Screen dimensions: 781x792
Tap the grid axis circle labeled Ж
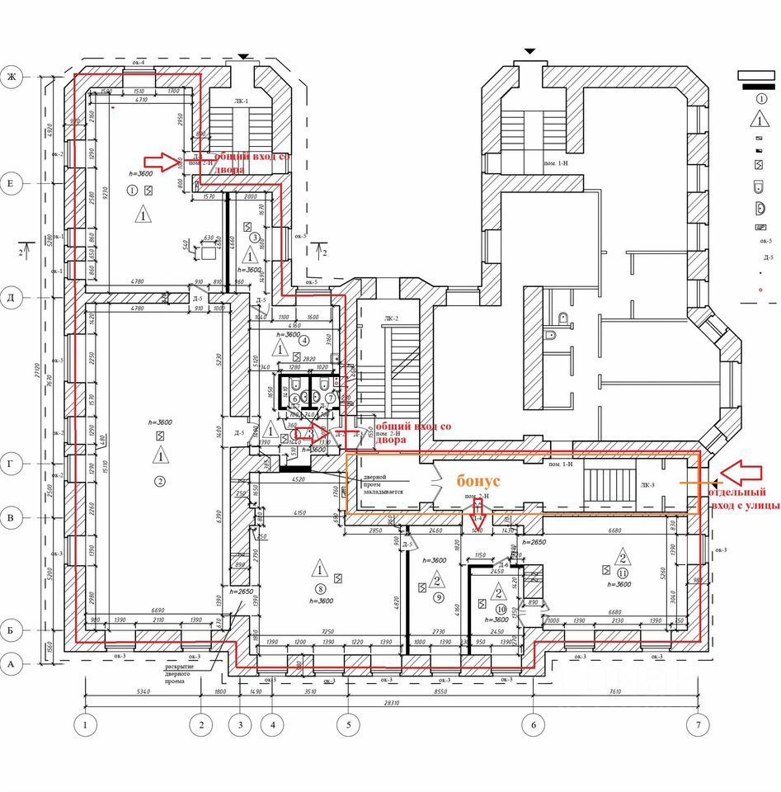click(x=12, y=78)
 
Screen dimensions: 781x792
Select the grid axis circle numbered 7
click(x=698, y=725)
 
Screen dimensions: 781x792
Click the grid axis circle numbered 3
click(x=241, y=725)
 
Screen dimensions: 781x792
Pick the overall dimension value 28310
click(x=392, y=703)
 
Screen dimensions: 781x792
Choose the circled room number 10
click(x=500, y=610)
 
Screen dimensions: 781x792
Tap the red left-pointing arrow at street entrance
click(x=747, y=472)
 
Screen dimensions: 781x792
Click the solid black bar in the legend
click(x=759, y=86)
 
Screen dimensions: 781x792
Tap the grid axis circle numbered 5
click(x=348, y=725)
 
